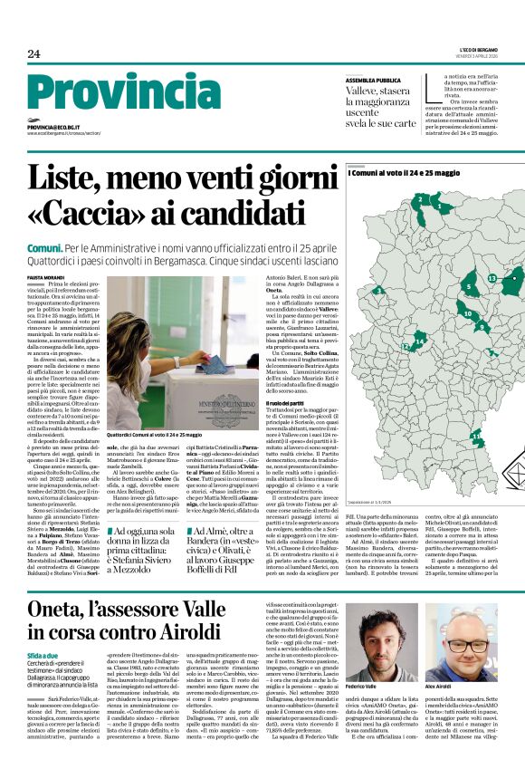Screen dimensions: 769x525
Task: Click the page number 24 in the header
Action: coord(33,53)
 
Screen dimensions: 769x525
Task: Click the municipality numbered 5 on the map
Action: coord(469,287)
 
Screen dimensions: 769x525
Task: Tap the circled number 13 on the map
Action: coord(492,277)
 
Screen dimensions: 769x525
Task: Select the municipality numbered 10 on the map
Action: coord(467,314)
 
